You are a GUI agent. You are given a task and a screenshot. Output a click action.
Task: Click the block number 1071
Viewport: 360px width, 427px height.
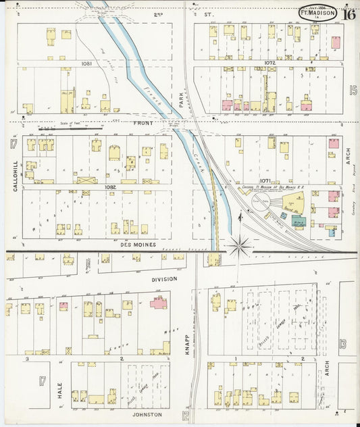click(265, 181)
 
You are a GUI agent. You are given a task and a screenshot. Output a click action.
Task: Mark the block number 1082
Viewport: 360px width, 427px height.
click(92, 186)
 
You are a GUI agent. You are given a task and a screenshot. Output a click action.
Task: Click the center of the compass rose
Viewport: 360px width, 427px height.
click(240, 246)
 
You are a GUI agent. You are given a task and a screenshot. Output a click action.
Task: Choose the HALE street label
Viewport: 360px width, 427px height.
click(59, 389)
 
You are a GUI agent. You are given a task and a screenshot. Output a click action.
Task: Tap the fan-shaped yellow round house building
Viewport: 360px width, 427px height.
click(294, 201)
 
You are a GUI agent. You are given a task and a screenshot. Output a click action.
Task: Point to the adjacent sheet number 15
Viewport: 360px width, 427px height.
click(353, 90)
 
